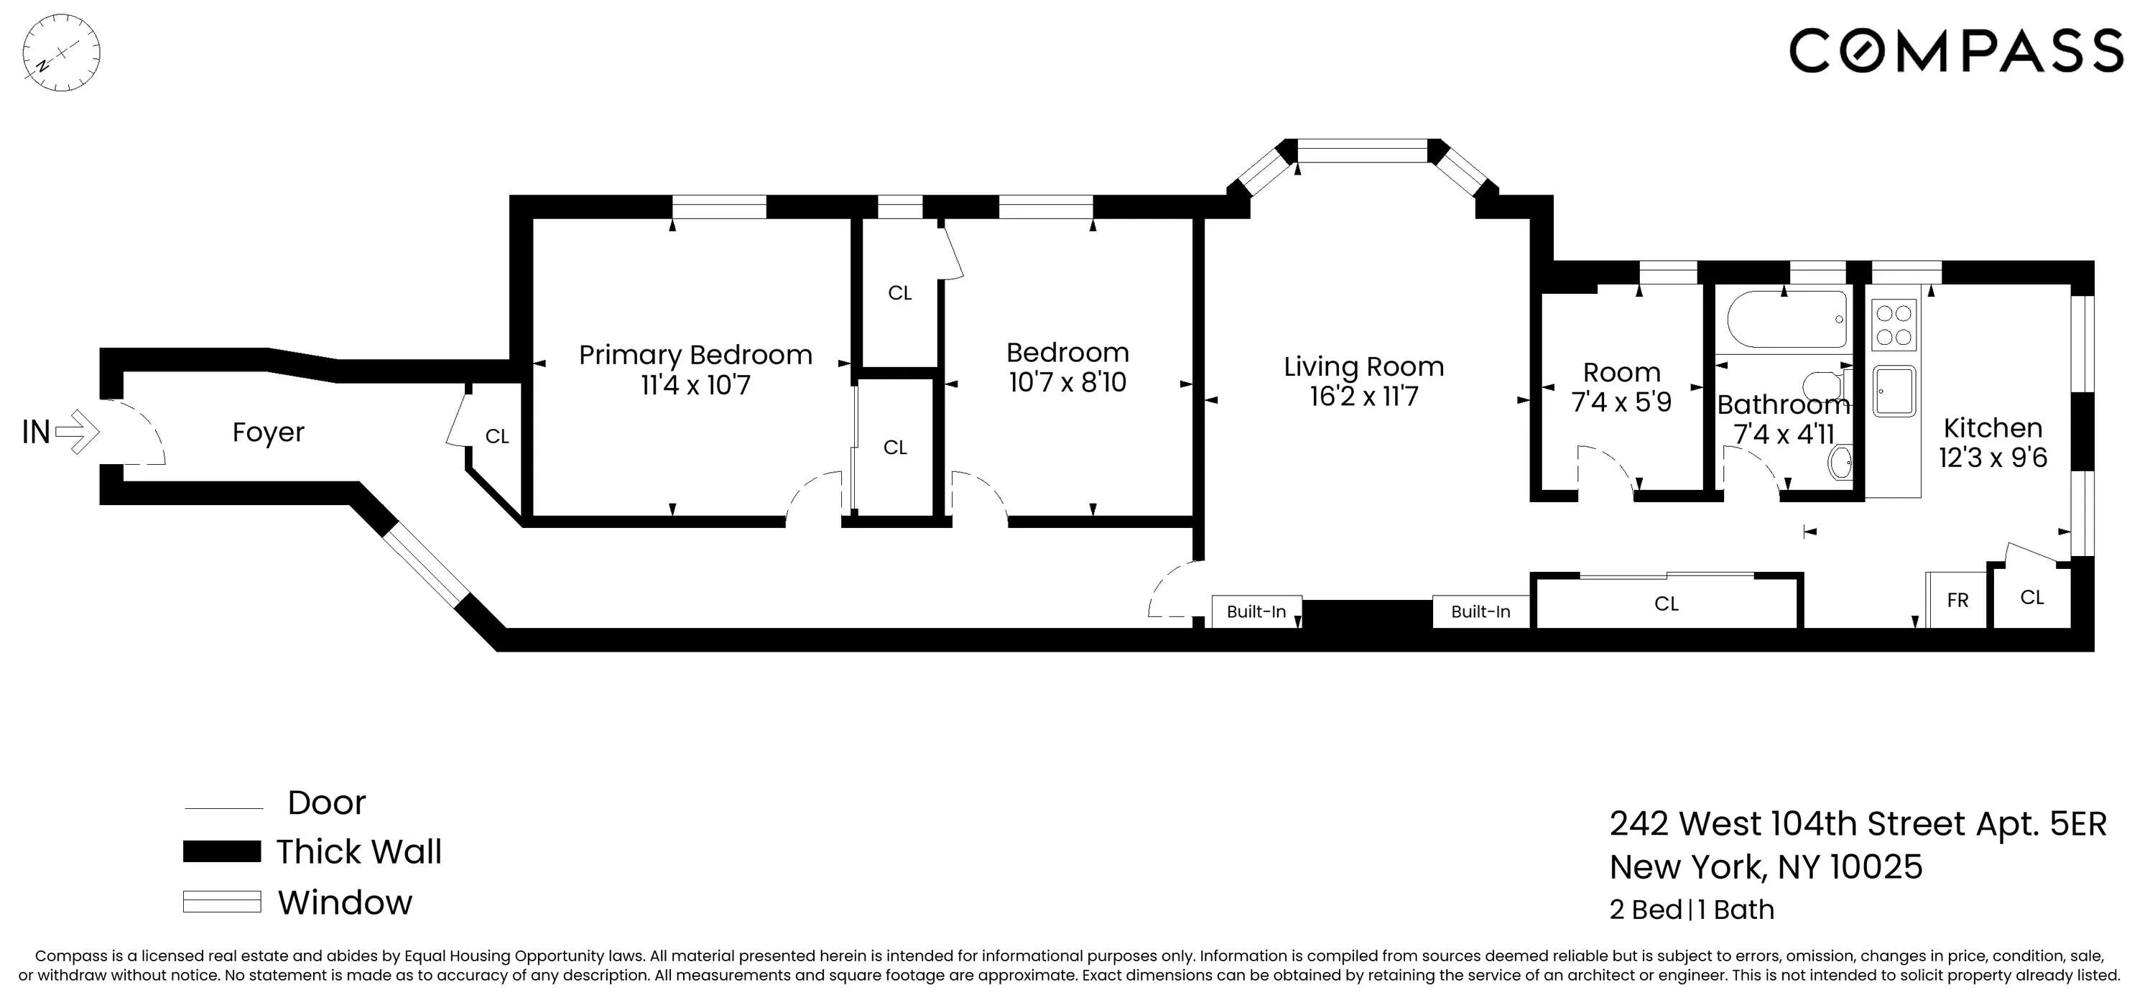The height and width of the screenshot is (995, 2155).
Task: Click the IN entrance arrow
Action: coord(78,432)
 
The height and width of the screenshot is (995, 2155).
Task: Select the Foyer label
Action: coord(268,432)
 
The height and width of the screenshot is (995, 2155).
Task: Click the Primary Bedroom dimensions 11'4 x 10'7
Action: coord(695,386)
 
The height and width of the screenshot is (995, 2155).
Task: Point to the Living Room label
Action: coord(1363,366)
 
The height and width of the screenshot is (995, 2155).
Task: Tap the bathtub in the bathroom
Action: coord(1786,320)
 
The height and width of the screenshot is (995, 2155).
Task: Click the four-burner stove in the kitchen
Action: coord(1893,325)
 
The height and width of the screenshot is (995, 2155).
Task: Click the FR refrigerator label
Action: coord(1957,600)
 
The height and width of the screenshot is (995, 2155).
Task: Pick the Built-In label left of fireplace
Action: coord(1256,612)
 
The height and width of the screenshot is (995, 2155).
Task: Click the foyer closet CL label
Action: coord(497,436)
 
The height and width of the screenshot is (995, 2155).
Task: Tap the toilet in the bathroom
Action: coord(1823,387)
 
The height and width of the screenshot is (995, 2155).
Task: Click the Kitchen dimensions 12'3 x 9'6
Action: coord(1993,458)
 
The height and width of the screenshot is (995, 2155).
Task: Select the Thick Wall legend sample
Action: coord(222,852)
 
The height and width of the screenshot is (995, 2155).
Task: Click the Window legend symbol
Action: coord(222,902)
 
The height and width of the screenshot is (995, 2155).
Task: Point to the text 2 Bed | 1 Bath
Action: coord(1691,910)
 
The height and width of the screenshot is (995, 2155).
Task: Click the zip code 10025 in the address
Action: coord(1876,867)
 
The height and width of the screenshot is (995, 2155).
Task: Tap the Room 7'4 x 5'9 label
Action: coord(1621,387)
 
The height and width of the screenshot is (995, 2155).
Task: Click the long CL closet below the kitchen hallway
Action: coord(1667,603)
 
